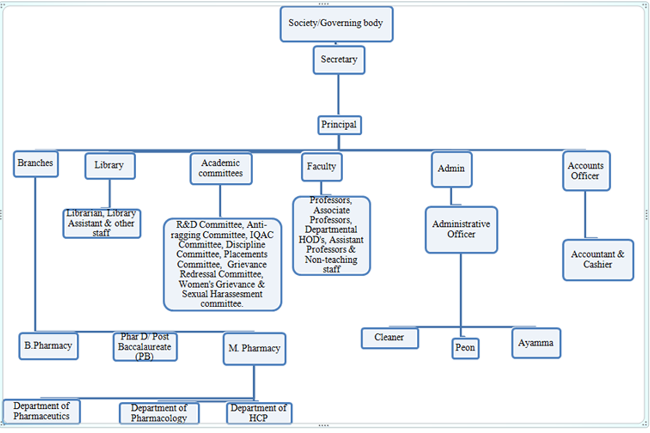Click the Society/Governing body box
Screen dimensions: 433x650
click(336, 24)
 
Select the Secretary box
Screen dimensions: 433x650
click(339, 60)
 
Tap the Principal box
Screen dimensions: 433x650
click(339, 125)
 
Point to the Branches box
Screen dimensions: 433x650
click(36, 164)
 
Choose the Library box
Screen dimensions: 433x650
click(110, 166)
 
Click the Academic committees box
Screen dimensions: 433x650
click(221, 168)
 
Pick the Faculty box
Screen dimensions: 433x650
click(322, 167)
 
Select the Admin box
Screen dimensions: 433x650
click(452, 169)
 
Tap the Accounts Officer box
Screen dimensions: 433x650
click(586, 171)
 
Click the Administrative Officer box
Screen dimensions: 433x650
click(461, 229)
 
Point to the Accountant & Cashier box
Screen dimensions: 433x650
click(598, 260)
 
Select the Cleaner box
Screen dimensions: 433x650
click(390, 338)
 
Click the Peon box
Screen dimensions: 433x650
click(465, 348)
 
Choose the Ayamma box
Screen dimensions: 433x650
click(536, 343)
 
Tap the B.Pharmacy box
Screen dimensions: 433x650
click(48, 346)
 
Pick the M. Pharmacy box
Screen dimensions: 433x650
click(254, 349)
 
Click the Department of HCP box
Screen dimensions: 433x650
click(259, 413)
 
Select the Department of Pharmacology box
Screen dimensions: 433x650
click(159, 413)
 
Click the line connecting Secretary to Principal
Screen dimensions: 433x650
click(338, 95)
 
